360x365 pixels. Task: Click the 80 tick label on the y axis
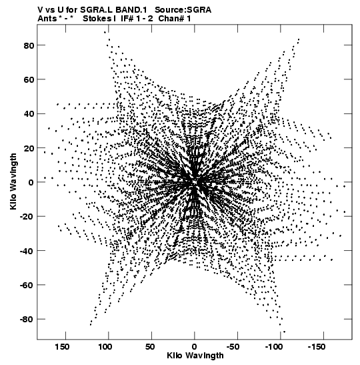(x=29, y=45)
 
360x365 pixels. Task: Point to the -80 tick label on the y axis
(x=27, y=319)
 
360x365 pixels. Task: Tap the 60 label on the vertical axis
(x=29, y=79)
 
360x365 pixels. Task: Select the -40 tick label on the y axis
(x=27, y=251)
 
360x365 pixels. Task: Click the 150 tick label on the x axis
(x=62, y=347)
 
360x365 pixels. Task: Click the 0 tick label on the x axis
(x=195, y=347)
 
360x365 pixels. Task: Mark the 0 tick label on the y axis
(x=31, y=182)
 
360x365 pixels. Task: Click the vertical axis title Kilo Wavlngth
(x=13, y=181)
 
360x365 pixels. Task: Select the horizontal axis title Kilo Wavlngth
(x=195, y=356)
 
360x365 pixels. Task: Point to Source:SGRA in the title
(x=183, y=10)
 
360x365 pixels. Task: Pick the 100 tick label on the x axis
(x=105, y=347)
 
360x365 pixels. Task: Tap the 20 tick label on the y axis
(x=29, y=148)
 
